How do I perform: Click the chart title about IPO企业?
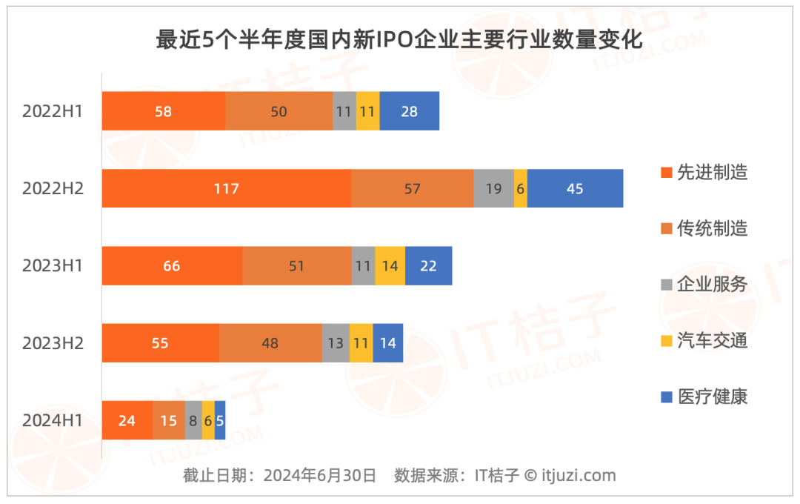399,39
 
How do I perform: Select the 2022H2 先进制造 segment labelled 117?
227,188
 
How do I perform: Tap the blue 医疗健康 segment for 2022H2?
575,188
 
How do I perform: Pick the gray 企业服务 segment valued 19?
493,188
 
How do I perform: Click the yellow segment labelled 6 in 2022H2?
520,188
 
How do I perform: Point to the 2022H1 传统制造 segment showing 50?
279,111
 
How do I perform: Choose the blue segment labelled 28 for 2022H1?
409,111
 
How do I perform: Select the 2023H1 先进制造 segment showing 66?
172,265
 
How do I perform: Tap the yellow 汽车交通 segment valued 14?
390,265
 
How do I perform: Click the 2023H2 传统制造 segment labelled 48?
270,343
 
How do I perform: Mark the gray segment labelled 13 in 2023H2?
336,343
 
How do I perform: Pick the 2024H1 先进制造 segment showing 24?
127,420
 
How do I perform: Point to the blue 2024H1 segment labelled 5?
220,420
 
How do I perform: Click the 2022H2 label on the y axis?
53,188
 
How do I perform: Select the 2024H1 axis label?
53,420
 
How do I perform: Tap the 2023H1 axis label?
53,265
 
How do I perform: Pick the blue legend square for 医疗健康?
666,397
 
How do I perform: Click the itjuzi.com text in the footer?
579,475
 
